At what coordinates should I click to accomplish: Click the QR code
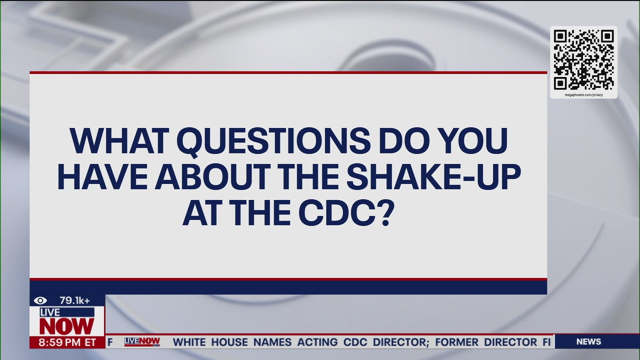583,59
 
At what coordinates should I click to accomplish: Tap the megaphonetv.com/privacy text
583,94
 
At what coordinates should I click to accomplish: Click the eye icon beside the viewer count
40,300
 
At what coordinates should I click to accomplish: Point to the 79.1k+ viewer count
74,300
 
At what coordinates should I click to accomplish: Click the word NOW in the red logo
66,326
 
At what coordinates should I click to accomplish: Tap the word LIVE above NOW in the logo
50,312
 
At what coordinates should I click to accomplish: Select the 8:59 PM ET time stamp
62,342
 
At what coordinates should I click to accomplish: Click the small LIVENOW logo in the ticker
142,341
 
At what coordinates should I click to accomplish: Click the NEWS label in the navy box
588,341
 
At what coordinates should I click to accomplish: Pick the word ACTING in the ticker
317,342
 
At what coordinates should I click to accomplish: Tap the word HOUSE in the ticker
229,342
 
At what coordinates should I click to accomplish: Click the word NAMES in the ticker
272,342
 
